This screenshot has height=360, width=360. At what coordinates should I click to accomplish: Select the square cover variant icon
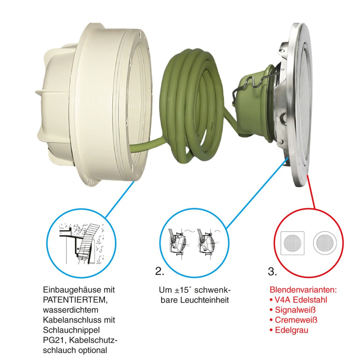tap(293, 243)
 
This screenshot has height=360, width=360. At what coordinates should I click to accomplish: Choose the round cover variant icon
tap(325, 243)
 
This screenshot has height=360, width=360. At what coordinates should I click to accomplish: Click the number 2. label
tap(160, 271)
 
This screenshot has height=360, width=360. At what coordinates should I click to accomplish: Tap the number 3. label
tap(272, 271)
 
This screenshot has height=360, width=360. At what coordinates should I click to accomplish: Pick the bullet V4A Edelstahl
tap(298, 300)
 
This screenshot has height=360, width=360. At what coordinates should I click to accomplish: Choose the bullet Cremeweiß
tap(294, 320)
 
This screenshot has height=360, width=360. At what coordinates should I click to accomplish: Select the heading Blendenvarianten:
tap(303, 290)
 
